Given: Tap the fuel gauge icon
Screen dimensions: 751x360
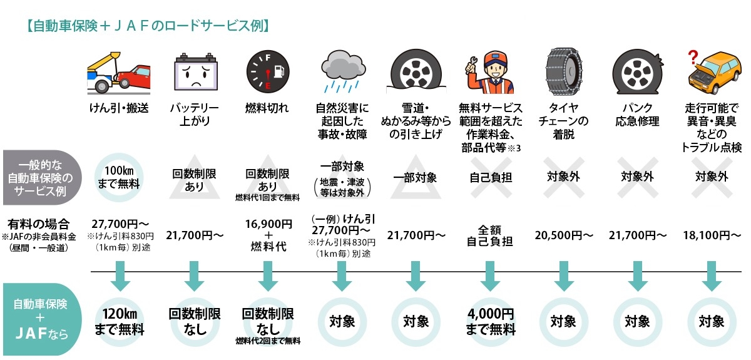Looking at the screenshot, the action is pyautogui.click(x=268, y=72).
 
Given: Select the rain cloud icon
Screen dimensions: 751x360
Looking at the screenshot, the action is pyautogui.click(x=343, y=71).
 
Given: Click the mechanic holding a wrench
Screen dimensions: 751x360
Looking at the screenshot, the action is pyautogui.click(x=490, y=73).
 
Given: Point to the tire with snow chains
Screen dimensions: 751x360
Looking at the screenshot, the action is pyautogui.click(x=564, y=71).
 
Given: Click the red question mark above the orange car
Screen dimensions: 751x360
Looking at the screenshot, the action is pyautogui.click(x=693, y=58).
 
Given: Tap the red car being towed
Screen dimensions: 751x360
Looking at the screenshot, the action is pyautogui.click(x=133, y=76).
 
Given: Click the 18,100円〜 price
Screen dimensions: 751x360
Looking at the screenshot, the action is pyautogui.click(x=712, y=235).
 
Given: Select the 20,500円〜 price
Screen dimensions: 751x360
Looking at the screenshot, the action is pyautogui.click(x=564, y=235).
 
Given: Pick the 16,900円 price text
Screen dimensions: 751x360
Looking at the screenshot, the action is pyautogui.click(x=268, y=224).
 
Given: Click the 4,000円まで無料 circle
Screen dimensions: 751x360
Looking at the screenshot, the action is pyautogui.click(x=491, y=322).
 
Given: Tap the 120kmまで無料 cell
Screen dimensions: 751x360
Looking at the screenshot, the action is pyautogui.click(x=120, y=322).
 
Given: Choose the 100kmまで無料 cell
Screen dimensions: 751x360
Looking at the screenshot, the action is pyautogui.click(x=119, y=177).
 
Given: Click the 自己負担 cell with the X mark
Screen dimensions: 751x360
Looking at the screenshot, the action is pyautogui.click(x=491, y=177).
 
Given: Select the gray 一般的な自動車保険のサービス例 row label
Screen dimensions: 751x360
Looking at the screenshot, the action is pyautogui.click(x=41, y=177).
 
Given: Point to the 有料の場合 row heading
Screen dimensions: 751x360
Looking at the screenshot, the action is pyautogui.click(x=39, y=224).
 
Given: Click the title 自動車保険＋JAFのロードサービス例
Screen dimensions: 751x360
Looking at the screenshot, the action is pyautogui.click(x=148, y=26).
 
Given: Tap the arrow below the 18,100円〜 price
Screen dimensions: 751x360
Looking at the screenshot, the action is pyautogui.click(x=712, y=275).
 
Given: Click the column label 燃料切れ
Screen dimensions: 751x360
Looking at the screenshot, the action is pyautogui.click(x=267, y=108).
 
